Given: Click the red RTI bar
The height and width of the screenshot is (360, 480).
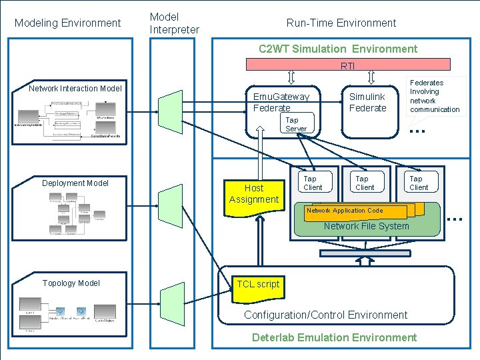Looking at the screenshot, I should [x=347, y=65].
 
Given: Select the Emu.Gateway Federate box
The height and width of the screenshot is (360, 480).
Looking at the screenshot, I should [x=281, y=102].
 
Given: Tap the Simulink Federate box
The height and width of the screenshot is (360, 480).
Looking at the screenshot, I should [x=367, y=102].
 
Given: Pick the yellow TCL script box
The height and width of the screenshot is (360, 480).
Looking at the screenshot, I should [x=258, y=285].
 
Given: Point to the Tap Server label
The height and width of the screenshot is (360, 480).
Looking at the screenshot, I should [x=295, y=125].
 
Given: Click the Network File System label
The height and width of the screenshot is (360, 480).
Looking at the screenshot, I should [x=366, y=227].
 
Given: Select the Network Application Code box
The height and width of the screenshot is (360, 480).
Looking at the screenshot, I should [x=355, y=211].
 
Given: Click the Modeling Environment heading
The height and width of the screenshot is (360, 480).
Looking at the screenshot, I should [x=68, y=23].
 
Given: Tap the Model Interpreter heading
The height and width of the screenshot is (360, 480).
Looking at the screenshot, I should [x=174, y=23].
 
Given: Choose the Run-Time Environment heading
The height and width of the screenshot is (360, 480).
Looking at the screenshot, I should [x=341, y=23].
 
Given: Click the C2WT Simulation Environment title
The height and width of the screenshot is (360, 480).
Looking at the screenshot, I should [x=337, y=49].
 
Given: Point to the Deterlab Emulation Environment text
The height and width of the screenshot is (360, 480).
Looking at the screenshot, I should [x=334, y=337].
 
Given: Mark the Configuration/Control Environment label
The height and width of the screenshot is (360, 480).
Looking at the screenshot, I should [x=325, y=315].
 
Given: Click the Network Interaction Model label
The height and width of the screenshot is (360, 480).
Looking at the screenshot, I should [x=75, y=89].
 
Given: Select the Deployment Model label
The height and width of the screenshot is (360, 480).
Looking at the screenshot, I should [x=75, y=183].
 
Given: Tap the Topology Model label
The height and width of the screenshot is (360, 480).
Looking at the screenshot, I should [x=71, y=283].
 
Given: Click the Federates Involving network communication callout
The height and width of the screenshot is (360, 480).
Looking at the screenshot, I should [x=435, y=96].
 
